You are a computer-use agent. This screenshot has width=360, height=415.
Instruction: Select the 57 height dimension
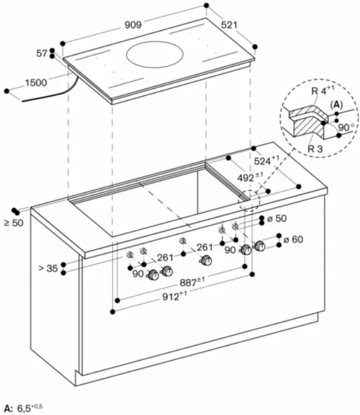pyautogui.click(x=41, y=53)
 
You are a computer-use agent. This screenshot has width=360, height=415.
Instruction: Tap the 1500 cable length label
pyautogui.click(x=36, y=82)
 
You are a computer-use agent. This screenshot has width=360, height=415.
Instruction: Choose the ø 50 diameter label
pyautogui.click(x=277, y=218)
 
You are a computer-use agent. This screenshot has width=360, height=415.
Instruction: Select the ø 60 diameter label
pyautogui.click(x=293, y=239)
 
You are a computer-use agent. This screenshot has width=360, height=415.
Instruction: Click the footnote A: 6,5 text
pyautogui.click(x=24, y=408)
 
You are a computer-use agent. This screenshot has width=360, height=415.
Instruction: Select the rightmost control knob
pyautogui.click(x=259, y=246)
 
